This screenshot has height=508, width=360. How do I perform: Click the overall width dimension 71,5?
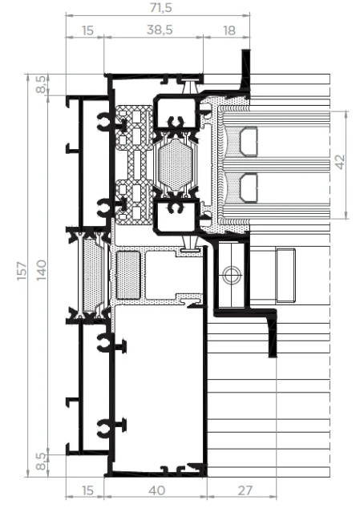[161, 7]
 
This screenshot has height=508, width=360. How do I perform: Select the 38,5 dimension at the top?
[160, 30]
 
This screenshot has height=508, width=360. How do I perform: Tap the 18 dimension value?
[229, 30]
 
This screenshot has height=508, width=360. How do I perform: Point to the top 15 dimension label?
[87, 30]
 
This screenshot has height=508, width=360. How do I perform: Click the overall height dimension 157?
[22, 271]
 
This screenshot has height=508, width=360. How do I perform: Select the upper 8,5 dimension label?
[41, 84]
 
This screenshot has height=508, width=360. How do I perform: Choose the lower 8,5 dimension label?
[41, 461]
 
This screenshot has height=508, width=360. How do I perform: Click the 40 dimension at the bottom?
[157, 490]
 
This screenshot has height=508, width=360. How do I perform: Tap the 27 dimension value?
[245, 490]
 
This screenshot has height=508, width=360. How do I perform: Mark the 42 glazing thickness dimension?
[340, 162]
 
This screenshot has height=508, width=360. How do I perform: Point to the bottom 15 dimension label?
[87, 490]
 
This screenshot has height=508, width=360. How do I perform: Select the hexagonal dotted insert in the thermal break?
[176, 165]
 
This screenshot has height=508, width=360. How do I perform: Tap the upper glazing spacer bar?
[249, 142]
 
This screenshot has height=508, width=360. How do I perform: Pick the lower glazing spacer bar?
[249, 188]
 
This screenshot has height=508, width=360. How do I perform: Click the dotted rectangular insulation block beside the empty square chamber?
[128, 276]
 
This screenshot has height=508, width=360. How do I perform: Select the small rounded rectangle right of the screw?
[285, 276]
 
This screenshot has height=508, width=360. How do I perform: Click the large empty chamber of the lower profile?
[160, 389]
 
